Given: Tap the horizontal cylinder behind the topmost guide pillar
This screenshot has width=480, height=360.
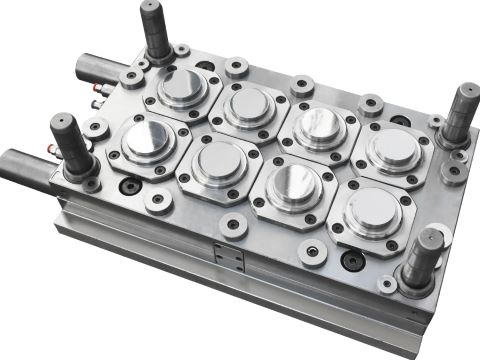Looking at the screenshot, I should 100,69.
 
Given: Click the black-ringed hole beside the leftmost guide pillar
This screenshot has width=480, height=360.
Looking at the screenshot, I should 129,185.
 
